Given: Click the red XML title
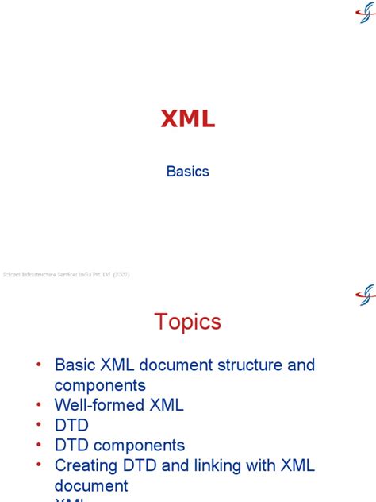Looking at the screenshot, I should click(187, 119).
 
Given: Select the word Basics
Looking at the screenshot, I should click(187, 171).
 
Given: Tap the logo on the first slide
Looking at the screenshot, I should click(363, 14).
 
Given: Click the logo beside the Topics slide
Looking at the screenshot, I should click(364, 295).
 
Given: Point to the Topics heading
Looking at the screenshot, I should click(187, 322).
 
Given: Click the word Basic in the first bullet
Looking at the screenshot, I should click(76, 365).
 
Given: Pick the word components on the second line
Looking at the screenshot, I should click(100, 385).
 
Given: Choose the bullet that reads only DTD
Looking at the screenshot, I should click(71, 426).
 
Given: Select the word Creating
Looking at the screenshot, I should click(87, 465).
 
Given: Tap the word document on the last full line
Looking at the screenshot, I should click(91, 485).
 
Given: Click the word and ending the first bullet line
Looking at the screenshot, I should click(300, 365).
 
